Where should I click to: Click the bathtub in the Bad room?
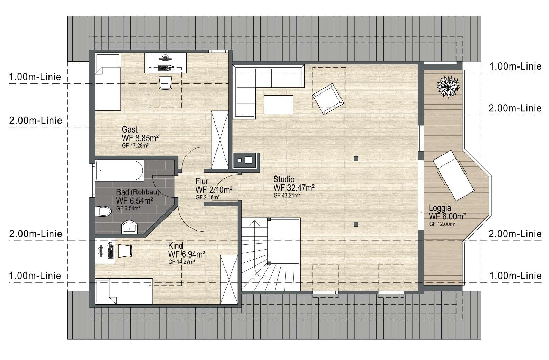[x=119, y=170]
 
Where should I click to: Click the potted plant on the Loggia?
[x=448, y=87]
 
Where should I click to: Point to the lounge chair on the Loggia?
[x=453, y=175]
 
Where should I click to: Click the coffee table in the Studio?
[x=278, y=105]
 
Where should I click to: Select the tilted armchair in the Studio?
[x=328, y=99]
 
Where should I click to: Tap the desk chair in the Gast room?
[x=166, y=82]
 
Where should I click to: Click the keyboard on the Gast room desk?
[x=164, y=68]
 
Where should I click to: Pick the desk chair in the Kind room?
[x=125, y=251]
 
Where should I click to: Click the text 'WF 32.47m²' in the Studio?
[x=294, y=188]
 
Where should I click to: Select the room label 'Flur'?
[x=202, y=181]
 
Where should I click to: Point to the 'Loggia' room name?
[x=440, y=208]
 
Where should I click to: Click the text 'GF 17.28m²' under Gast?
[x=135, y=146]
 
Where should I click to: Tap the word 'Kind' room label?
[x=176, y=246]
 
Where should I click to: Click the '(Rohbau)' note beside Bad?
[x=145, y=192]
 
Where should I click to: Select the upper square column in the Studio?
[x=356, y=159]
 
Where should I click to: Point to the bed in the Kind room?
[x=124, y=291]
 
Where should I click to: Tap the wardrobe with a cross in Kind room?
[x=229, y=280]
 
